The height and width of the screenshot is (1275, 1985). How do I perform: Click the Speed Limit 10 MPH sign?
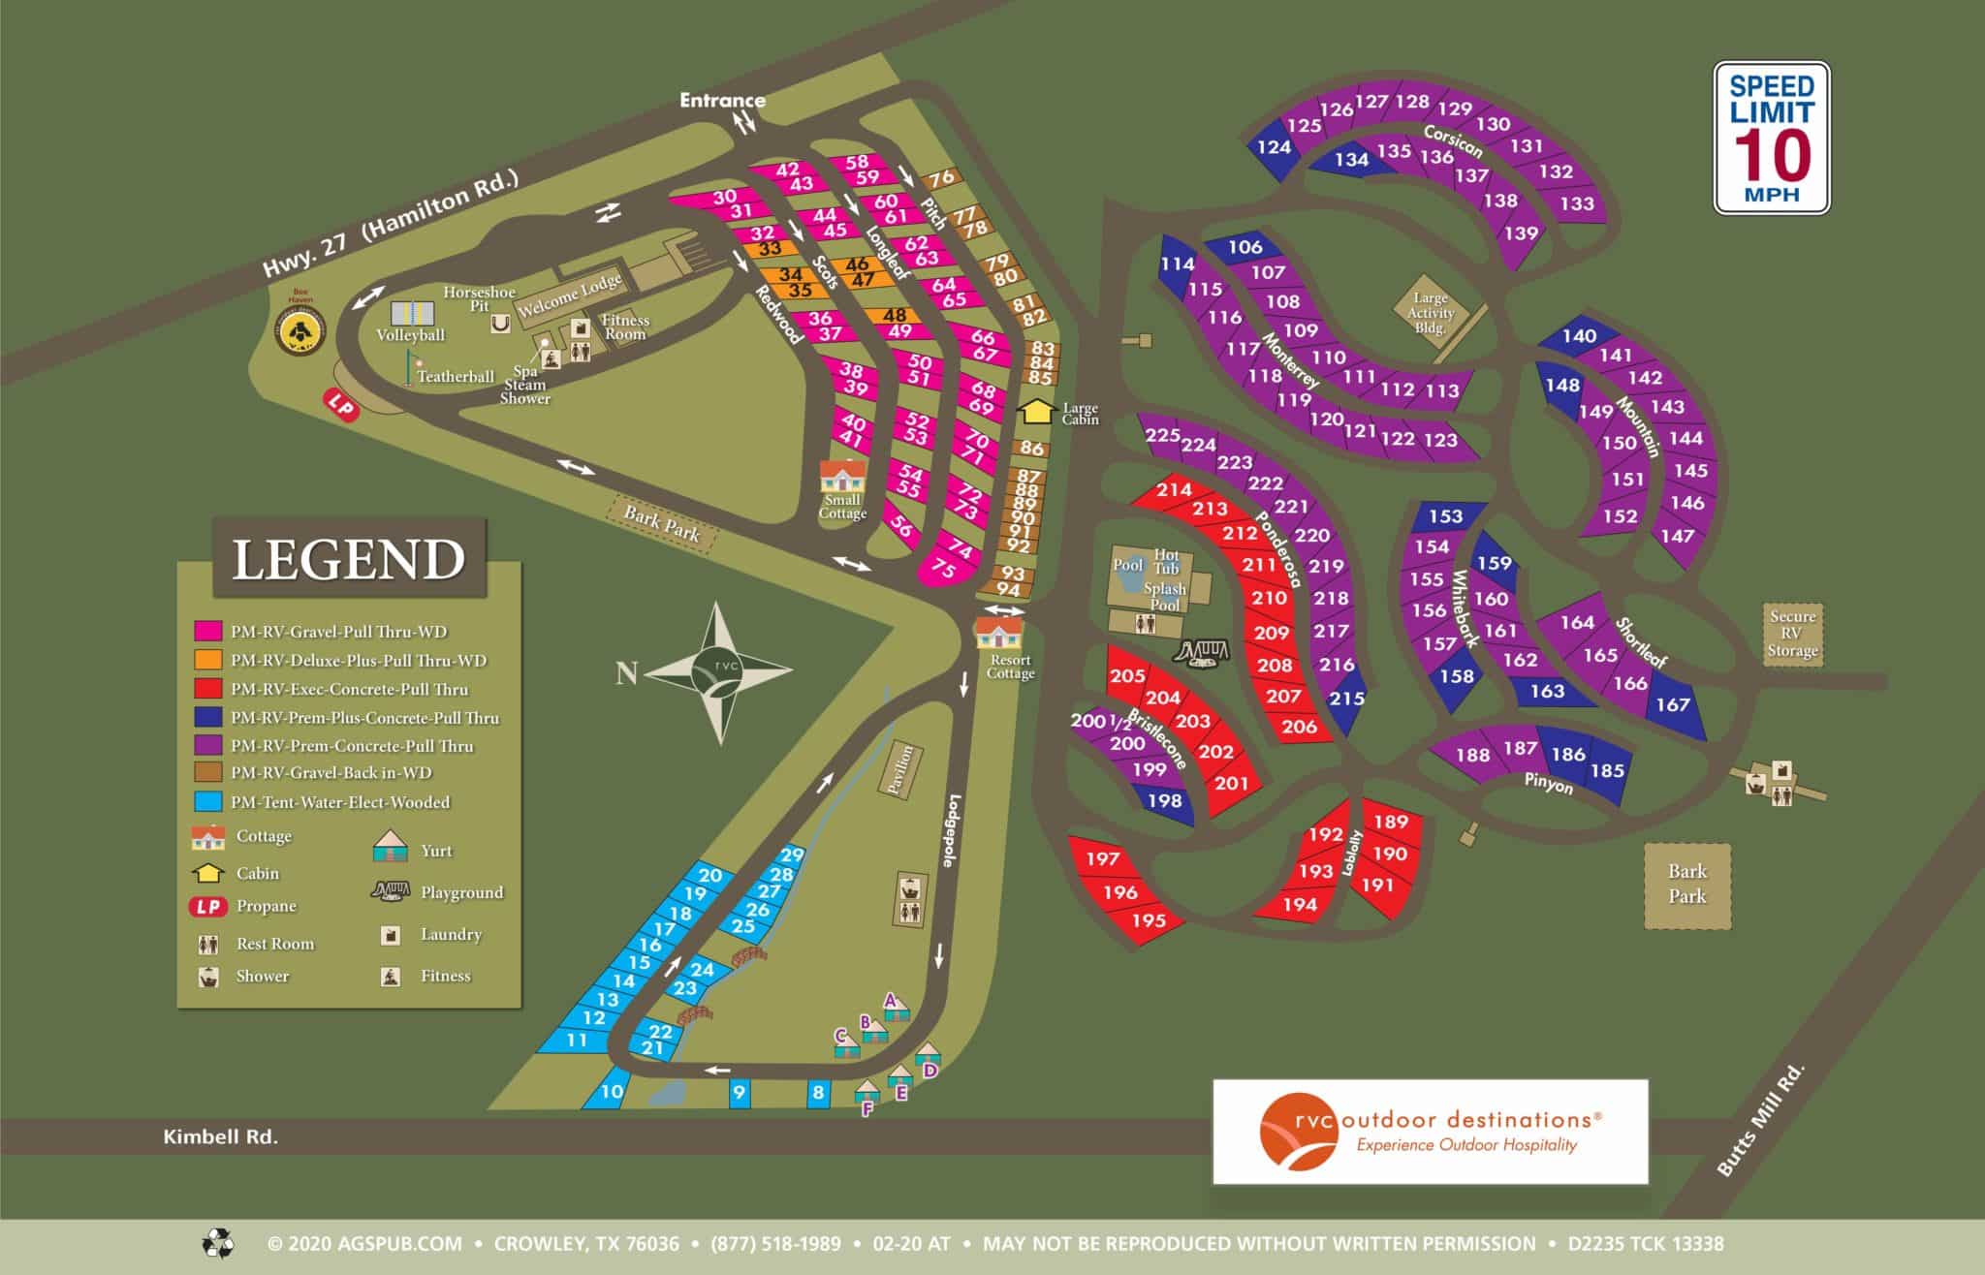tap(1771, 138)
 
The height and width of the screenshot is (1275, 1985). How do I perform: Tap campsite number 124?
tap(1274, 147)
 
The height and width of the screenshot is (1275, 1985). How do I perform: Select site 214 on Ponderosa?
tap(1174, 490)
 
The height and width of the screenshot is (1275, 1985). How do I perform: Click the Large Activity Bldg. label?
tap(1431, 312)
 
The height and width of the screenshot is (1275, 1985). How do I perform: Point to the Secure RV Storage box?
tap(1792, 634)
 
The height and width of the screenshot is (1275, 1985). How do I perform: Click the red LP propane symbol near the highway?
tap(341, 405)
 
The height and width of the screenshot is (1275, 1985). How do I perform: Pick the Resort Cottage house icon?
tap(998, 636)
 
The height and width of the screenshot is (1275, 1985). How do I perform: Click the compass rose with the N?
tap(718, 671)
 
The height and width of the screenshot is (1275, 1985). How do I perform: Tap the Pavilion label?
tap(901, 769)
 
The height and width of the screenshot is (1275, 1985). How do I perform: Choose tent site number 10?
tap(611, 1091)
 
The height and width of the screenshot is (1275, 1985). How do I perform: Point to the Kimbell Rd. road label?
tap(220, 1137)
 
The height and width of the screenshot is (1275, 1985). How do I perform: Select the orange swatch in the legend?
tap(207, 660)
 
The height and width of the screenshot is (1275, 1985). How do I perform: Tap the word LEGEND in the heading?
tap(349, 560)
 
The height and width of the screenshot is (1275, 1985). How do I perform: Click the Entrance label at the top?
tap(722, 100)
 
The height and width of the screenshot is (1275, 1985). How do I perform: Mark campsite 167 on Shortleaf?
tap(1673, 704)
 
